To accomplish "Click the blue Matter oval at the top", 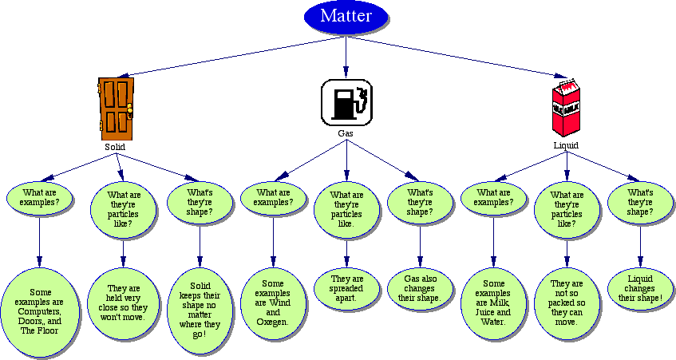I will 346,18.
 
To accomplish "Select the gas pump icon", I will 346,101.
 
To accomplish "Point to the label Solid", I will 115,147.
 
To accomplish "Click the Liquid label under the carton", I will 566,146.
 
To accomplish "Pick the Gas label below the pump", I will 346,133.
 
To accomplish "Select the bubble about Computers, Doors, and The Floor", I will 40,308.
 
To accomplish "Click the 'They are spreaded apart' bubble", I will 346,289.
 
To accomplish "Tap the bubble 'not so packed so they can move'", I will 566,304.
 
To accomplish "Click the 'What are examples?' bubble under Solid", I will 40,197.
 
